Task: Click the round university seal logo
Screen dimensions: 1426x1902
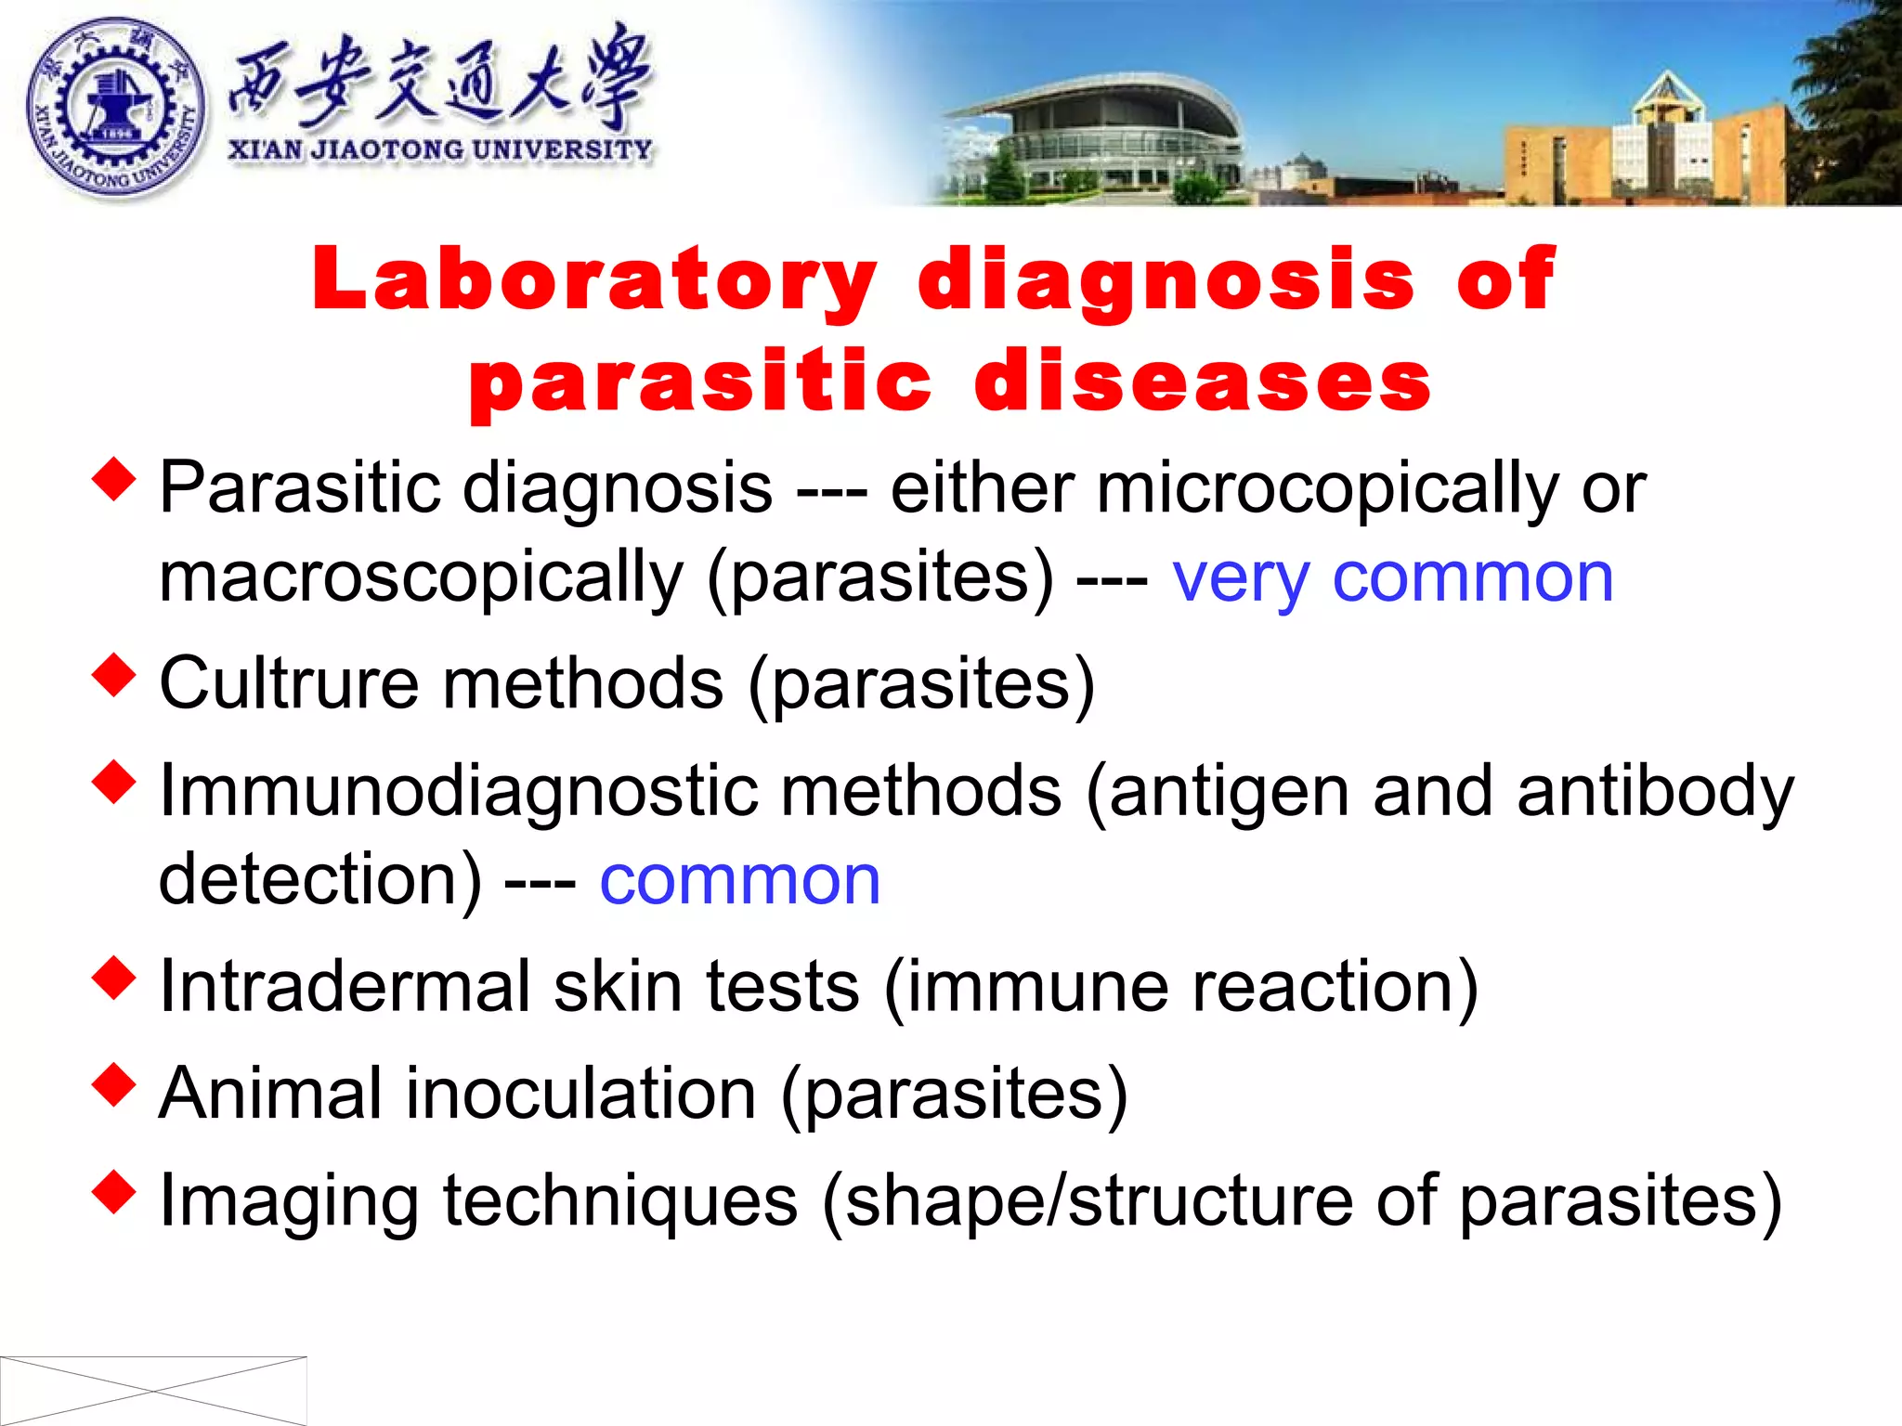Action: click(x=115, y=107)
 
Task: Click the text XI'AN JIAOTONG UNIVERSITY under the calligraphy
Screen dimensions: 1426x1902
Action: click(x=440, y=149)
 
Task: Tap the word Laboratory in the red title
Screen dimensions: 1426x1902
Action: click(x=594, y=279)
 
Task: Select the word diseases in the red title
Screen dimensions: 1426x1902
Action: click(x=1203, y=382)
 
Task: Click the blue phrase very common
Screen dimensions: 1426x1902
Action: click(x=1392, y=578)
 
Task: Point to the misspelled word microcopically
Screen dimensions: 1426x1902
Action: click(x=1328, y=489)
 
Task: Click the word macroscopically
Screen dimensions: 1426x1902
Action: click(x=421, y=578)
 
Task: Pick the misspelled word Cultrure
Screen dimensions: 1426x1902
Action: click(x=289, y=683)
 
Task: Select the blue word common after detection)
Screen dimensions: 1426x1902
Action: click(x=739, y=880)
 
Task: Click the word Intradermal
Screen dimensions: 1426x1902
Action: click(x=344, y=986)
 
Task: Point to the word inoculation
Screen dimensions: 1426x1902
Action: click(x=581, y=1094)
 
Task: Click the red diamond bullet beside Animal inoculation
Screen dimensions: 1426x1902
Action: click(x=114, y=1084)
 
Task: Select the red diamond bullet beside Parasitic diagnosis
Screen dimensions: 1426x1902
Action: click(x=114, y=479)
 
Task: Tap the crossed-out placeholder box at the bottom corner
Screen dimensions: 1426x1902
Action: click(x=153, y=1390)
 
